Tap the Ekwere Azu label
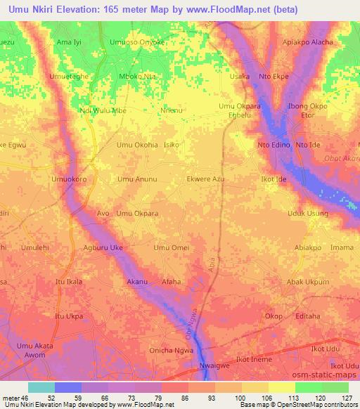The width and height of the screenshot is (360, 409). click(205, 179)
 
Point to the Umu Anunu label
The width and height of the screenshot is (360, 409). click(137, 179)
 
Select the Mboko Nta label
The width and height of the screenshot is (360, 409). click(136, 77)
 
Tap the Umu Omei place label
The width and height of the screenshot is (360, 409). click(171, 248)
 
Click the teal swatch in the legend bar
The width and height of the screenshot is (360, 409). click(41, 387)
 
